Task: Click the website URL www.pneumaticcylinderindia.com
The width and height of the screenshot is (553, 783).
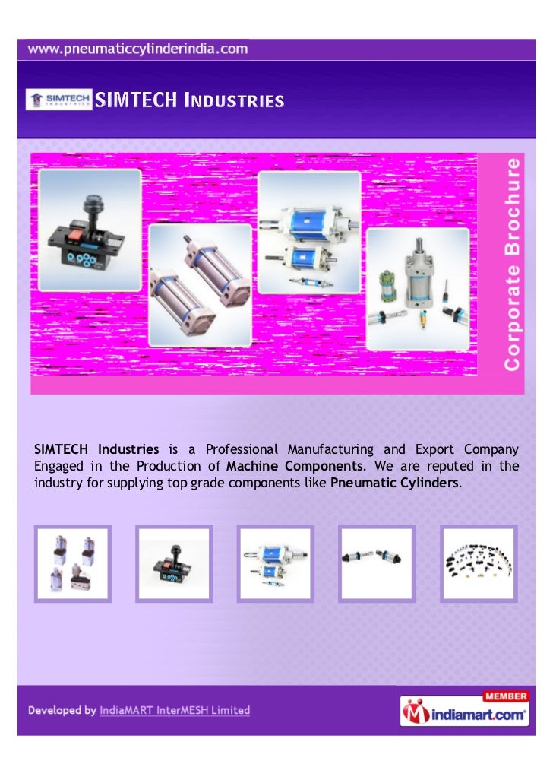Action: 138,49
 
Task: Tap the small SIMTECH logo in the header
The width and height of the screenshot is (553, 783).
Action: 58,100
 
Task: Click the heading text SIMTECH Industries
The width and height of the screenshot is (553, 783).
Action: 188,100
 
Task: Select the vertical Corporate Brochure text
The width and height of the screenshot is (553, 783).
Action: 513,263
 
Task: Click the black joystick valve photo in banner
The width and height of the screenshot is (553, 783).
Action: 90,230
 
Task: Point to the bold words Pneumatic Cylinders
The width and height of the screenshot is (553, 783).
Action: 396,482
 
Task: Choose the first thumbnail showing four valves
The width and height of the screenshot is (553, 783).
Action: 74,563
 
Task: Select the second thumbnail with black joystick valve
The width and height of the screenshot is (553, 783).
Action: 174,563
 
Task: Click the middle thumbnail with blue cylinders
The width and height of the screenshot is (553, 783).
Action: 276,563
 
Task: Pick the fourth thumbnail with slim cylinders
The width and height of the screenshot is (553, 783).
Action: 378,563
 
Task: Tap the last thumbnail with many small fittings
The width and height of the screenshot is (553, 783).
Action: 479,563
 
